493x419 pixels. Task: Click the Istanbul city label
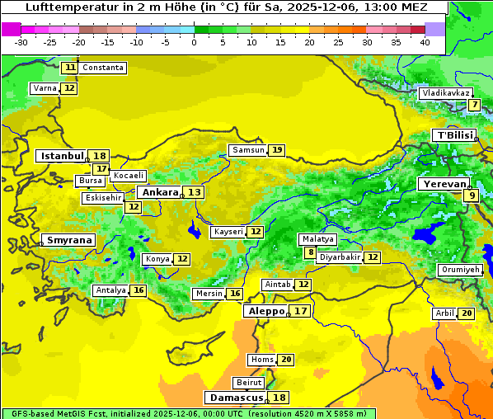pyautogui.click(x=62, y=156)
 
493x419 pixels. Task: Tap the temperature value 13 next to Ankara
pyautogui.click(x=194, y=192)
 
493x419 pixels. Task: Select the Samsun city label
pyautogui.click(x=248, y=150)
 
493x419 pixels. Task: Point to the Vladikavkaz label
pyautogui.click(x=446, y=93)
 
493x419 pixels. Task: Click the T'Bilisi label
pyautogui.click(x=454, y=135)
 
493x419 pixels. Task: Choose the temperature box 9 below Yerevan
pyautogui.click(x=471, y=195)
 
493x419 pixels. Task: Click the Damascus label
pyautogui.click(x=237, y=398)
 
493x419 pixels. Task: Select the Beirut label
pyautogui.click(x=249, y=383)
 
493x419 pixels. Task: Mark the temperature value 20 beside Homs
pyautogui.click(x=286, y=360)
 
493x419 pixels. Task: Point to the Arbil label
pyautogui.click(x=444, y=313)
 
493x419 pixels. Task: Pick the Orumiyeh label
pyautogui.click(x=459, y=270)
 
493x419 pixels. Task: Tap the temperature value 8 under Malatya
pyautogui.click(x=310, y=252)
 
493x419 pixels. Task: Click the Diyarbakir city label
pyautogui.click(x=340, y=257)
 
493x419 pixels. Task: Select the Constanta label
pyautogui.click(x=103, y=68)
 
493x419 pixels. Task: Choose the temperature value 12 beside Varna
pyautogui.click(x=69, y=88)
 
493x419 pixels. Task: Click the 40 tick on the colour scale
pyautogui.click(x=425, y=42)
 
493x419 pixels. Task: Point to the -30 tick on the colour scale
pyautogui.click(x=21, y=42)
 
